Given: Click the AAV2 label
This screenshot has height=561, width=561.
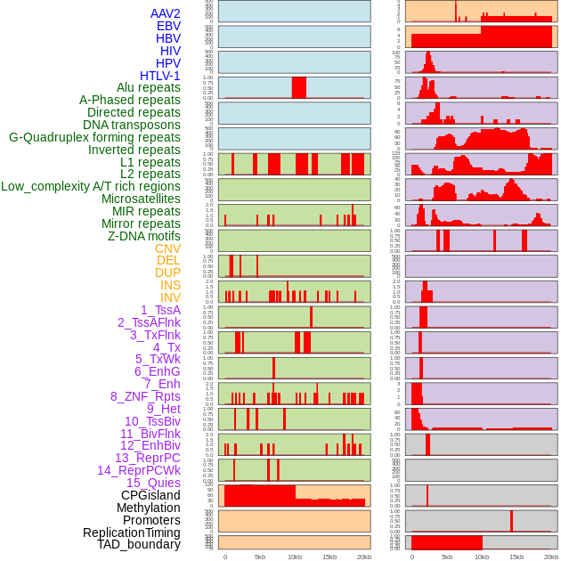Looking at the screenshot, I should pyautogui.click(x=165, y=13).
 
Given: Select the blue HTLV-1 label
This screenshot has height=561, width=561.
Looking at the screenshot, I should pyautogui.click(x=159, y=76).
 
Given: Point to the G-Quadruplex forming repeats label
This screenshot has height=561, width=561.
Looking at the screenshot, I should pyautogui.click(x=94, y=137).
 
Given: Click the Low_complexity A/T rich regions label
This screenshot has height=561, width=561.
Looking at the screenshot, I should pyautogui.click(x=90, y=186).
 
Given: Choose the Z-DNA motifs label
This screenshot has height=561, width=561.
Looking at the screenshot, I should pyautogui.click(x=143, y=236).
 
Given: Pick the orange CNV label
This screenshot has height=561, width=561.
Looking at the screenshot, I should pyautogui.click(x=167, y=248).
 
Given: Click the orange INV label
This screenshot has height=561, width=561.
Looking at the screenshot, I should pyautogui.click(x=170, y=297).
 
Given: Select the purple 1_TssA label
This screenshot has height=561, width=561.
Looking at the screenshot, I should pyautogui.click(x=160, y=310).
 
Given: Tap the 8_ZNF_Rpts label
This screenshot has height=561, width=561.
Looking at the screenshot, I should pyautogui.click(x=145, y=396).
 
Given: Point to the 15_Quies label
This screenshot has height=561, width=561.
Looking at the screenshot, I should pyautogui.click(x=152, y=483).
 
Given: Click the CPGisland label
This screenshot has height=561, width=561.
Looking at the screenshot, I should pyautogui.click(x=150, y=495).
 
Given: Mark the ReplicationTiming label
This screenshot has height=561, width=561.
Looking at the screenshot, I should pyautogui.click(x=131, y=533).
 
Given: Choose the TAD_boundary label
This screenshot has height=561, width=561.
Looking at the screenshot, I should pyautogui.click(x=138, y=544).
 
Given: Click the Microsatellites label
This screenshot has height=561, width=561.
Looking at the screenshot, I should pyautogui.click(x=141, y=199).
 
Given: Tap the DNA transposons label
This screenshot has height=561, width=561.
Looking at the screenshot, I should pyautogui.click(x=132, y=125).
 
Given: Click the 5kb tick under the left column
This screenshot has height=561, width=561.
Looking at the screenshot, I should pyautogui.click(x=259, y=557).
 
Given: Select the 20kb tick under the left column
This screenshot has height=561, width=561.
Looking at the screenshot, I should pyautogui.click(x=363, y=557).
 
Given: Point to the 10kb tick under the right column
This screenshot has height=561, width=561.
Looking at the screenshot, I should pyautogui.click(x=482, y=557).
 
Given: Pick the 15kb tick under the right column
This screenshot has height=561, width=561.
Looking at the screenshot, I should pyautogui.click(x=516, y=557).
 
